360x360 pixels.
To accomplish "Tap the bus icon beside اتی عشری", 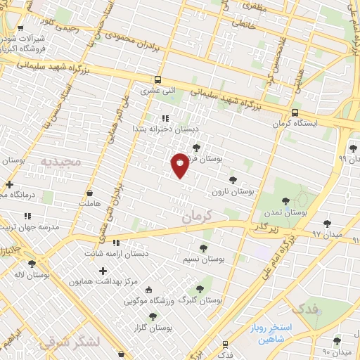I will point(157,79).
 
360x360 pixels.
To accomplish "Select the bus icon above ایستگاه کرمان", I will point(294,112).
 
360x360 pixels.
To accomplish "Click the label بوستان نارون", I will point(236,191).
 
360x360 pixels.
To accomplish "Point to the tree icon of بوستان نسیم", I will point(203,248).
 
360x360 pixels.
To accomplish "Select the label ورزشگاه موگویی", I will point(148,301).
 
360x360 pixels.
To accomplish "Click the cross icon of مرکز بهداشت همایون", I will point(103,271).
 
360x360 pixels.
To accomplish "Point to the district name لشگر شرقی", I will point(70,342).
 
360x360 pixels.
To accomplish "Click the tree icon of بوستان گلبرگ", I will point(200,288).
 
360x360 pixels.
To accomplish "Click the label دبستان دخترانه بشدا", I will point(167,129).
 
